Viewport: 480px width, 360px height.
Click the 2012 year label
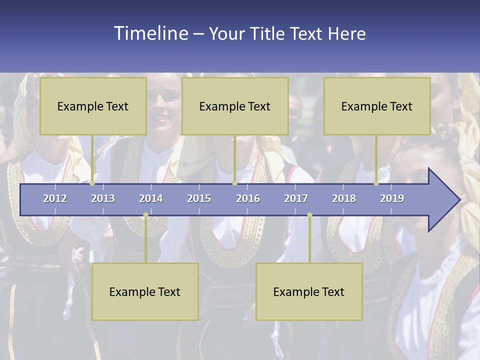(55, 198)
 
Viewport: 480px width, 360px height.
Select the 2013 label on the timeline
(103, 198)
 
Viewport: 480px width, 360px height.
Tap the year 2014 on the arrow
(151, 198)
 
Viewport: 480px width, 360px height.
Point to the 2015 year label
(199, 198)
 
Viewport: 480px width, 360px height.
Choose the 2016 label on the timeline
(248, 198)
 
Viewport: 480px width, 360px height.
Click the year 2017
(296, 198)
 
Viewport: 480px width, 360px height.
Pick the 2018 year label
(344, 198)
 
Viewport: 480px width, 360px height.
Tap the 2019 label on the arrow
(392, 198)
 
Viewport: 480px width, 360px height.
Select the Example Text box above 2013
(93, 106)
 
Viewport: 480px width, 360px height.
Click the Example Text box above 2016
(235, 106)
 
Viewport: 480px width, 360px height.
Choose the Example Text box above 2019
(377, 106)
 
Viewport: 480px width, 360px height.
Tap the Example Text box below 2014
(145, 291)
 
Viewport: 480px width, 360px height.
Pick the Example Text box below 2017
(309, 291)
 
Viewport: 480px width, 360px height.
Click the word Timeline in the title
(150, 33)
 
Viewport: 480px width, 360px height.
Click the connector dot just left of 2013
(92, 183)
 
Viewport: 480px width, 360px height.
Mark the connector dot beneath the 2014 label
(145, 215)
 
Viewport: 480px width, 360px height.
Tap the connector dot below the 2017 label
(309, 215)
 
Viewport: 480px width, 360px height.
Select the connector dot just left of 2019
(376, 183)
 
